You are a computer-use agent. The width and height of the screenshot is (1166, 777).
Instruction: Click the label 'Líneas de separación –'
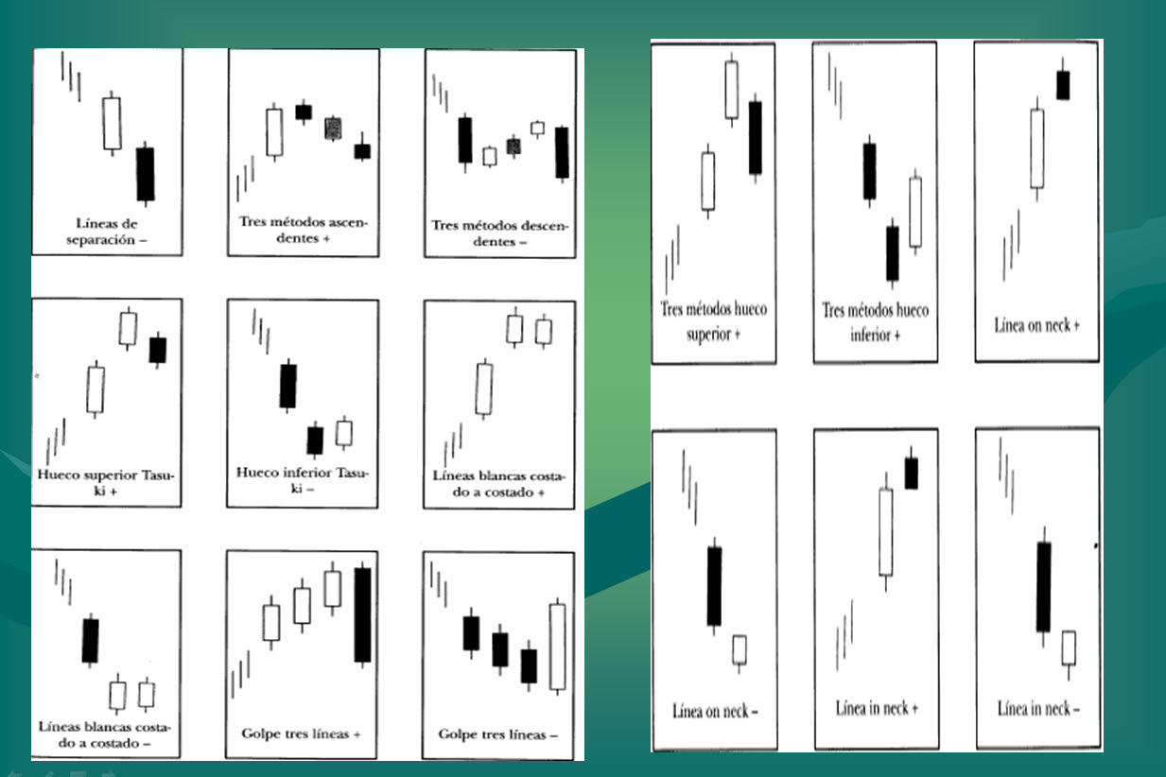(x=107, y=232)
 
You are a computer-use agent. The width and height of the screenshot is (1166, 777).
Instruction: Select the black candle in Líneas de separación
(x=146, y=174)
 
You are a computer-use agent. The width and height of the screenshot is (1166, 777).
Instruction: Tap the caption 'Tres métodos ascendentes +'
(x=303, y=230)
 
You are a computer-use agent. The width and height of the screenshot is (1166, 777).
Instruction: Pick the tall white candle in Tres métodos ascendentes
(x=274, y=132)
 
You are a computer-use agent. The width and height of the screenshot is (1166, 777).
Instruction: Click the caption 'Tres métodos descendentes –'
(x=499, y=233)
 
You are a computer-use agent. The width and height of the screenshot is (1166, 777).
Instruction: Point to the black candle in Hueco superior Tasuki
(x=158, y=350)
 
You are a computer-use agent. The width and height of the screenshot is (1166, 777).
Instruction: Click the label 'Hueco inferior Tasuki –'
(x=302, y=480)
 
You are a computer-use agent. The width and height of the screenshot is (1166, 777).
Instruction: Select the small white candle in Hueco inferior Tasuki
(x=343, y=433)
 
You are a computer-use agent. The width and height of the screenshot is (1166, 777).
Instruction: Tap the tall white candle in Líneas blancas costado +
(x=484, y=389)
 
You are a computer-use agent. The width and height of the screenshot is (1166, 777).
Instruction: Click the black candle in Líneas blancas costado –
(x=90, y=640)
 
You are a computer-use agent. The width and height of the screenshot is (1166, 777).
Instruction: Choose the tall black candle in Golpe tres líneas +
(x=363, y=614)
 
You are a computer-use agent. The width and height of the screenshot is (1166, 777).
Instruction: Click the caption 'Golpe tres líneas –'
(x=497, y=734)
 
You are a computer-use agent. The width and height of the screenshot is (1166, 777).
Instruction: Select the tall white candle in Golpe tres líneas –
(x=558, y=647)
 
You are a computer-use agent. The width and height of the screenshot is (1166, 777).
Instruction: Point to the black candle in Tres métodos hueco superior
(x=756, y=138)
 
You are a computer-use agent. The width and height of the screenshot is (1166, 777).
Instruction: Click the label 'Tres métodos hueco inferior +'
(x=875, y=322)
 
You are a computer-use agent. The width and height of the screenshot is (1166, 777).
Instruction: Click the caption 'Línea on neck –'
(x=715, y=711)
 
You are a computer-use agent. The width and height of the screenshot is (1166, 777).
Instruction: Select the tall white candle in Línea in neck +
(x=886, y=532)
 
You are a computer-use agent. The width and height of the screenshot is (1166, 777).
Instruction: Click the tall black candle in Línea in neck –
(x=1044, y=586)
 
